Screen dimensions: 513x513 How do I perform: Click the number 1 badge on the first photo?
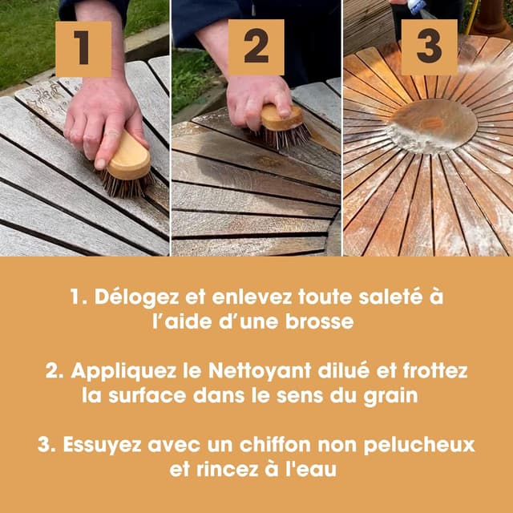coord(83,49)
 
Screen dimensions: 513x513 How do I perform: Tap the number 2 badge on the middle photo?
coord(256,47)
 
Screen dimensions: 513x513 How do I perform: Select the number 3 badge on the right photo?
coord(430,47)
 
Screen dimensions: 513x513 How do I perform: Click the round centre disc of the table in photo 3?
coord(431,126)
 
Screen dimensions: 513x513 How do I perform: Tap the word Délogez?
coord(137,297)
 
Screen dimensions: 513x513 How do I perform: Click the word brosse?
coord(320,322)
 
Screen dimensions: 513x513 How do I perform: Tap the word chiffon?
coord(275,444)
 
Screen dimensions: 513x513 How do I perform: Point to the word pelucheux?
coord(419,446)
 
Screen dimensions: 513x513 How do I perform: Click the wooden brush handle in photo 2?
coord(282,118)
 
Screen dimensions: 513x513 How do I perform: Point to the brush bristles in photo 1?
coord(127,184)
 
